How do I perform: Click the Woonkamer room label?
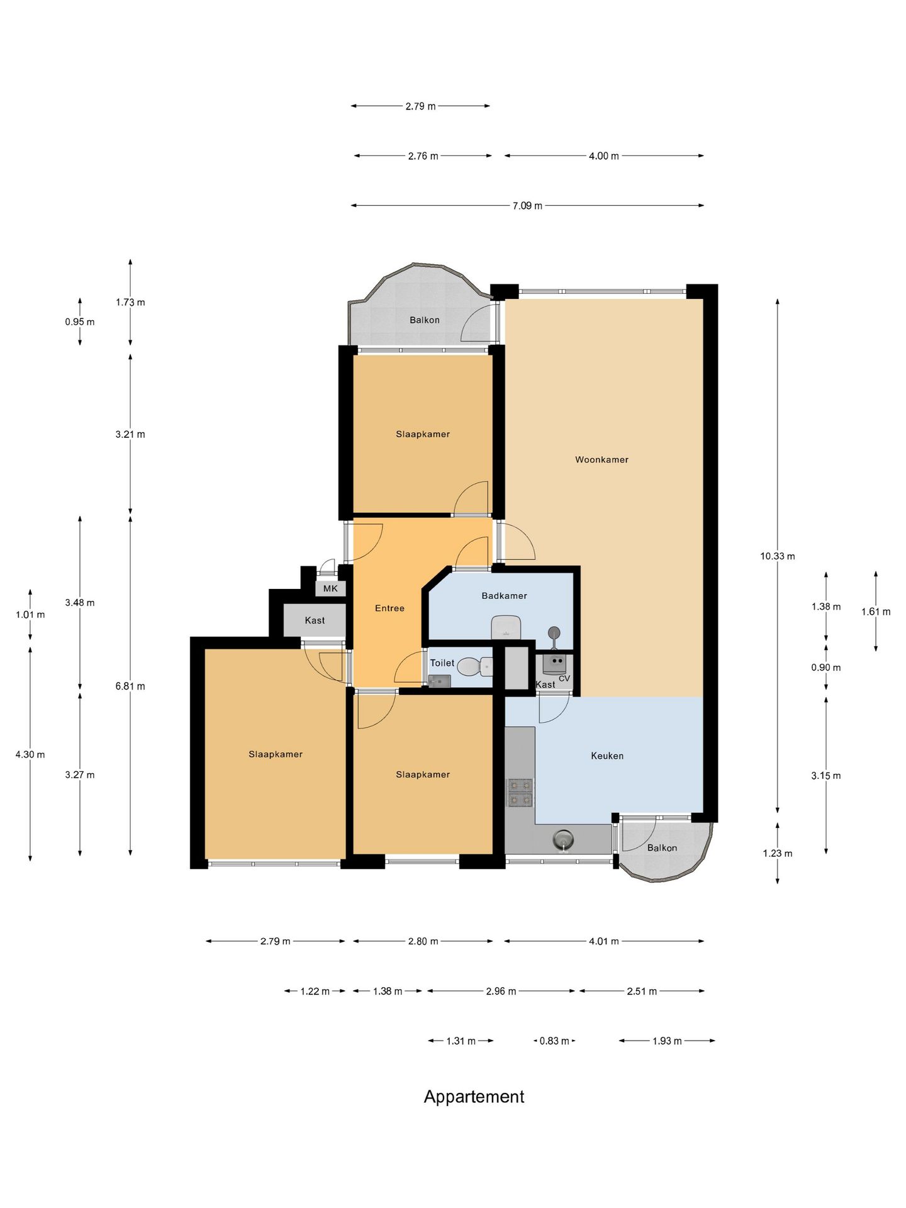[x=601, y=459]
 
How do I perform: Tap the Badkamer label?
[x=504, y=595]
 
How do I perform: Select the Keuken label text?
[x=607, y=756]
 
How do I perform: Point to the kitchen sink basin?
[x=563, y=839]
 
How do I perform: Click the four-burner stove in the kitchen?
[x=520, y=793]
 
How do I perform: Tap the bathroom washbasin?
[x=506, y=627]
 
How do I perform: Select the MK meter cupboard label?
[x=330, y=588]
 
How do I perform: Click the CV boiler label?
[x=564, y=678]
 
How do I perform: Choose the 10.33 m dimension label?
[x=778, y=556]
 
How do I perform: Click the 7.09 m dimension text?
[x=527, y=206]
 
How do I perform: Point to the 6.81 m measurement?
[x=130, y=686]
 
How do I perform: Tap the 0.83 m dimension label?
[x=554, y=1041]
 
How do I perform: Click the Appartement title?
[x=474, y=1097]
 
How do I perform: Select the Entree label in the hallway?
[x=389, y=608]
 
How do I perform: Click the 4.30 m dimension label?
[x=30, y=754]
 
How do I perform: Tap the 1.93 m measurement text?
[x=667, y=1041]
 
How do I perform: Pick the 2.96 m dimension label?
[x=501, y=991]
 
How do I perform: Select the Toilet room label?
[x=442, y=663]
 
